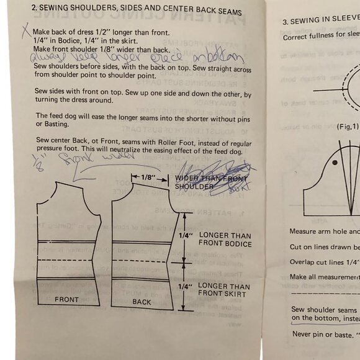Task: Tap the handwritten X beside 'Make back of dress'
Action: coord(25,29)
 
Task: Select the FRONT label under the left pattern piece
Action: coord(66,300)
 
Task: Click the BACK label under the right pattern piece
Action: coord(142,302)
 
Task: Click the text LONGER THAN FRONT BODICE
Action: coord(224,240)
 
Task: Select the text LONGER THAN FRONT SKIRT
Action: coord(224,289)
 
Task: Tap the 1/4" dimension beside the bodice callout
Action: coord(185,235)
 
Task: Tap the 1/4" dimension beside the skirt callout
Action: coord(185,287)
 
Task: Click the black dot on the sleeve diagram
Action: coord(335,163)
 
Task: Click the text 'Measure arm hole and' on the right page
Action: coord(324,232)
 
